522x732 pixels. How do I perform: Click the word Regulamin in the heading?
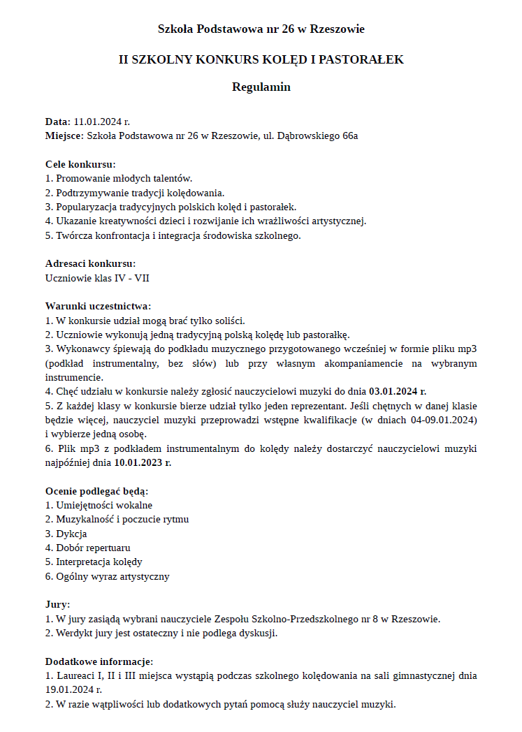[261, 87]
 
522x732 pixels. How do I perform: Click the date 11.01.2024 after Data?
[97, 122]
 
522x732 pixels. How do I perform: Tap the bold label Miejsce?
[64, 136]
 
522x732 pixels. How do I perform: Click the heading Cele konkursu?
[80, 164]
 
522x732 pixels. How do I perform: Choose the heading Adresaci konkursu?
[90, 263]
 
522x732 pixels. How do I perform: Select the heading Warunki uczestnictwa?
[98, 306]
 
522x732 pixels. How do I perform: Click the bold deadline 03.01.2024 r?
[397, 391]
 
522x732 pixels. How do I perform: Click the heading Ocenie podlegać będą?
[96, 491]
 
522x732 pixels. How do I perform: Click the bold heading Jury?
[57, 605]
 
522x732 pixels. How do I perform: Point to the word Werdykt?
[75, 634]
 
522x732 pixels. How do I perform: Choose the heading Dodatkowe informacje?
[99, 661]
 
